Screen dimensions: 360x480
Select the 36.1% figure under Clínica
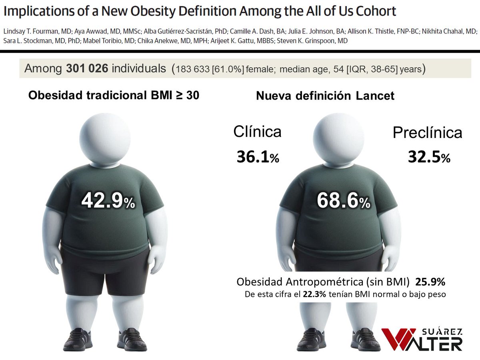(x=258, y=156)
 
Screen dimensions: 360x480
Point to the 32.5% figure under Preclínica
(x=429, y=156)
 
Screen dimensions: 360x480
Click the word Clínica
(x=257, y=132)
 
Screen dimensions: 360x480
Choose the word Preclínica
(x=428, y=133)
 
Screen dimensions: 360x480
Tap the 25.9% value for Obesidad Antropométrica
(x=430, y=282)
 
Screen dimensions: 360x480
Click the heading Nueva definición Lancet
(x=325, y=96)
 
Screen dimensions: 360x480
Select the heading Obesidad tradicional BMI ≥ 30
(x=113, y=96)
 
